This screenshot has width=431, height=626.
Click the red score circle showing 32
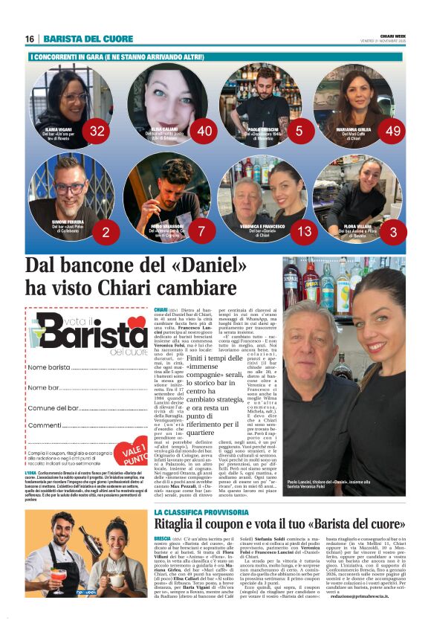97,132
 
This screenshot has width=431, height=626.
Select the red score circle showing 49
394,132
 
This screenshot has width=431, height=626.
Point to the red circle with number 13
305,232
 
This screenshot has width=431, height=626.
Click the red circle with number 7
201,232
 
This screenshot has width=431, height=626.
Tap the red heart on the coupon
136,323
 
